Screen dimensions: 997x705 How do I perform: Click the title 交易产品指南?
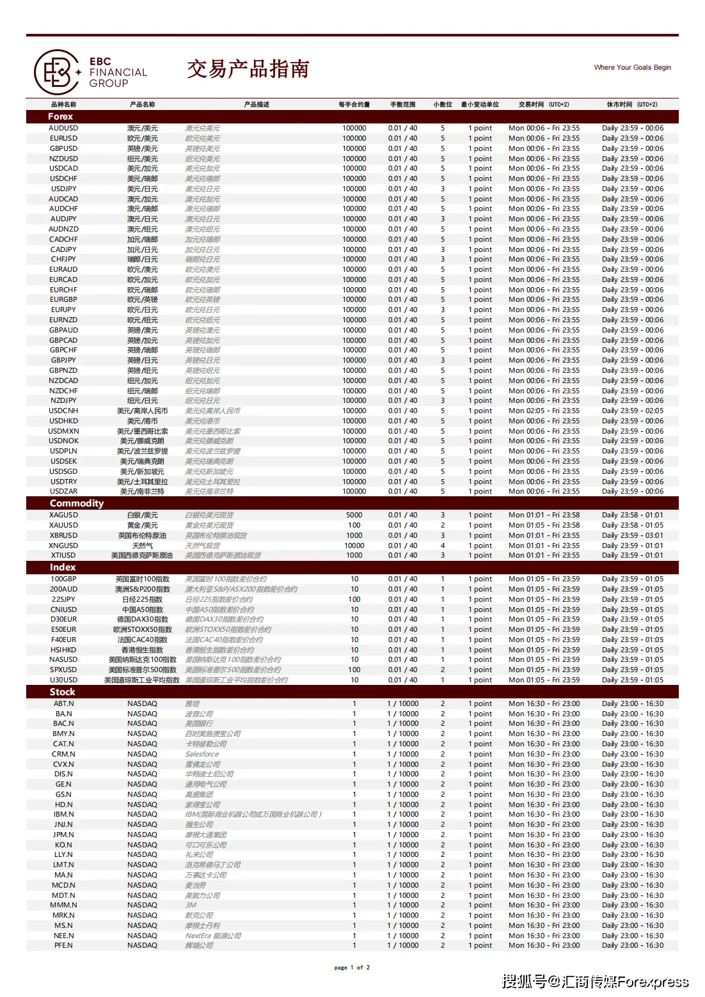(x=248, y=69)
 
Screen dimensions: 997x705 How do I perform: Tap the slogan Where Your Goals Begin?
(x=632, y=67)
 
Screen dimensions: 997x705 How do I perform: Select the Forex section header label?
(x=61, y=116)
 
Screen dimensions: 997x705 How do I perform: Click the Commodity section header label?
(x=77, y=503)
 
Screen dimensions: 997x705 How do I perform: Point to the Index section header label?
(x=63, y=567)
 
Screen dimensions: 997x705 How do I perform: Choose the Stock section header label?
(x=62, y=692)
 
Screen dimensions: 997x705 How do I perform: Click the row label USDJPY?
(x=63, y=189)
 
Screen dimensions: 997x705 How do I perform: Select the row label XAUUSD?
(x=63, y=525)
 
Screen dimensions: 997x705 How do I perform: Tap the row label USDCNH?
(x=63, y=411)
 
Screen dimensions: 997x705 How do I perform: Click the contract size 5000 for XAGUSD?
(x=354, y=515)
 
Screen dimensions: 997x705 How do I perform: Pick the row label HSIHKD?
(x=63, y=650)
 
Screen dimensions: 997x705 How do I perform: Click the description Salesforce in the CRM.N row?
(x=202, y=754)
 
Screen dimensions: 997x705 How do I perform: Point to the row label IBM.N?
(x=63, y=814)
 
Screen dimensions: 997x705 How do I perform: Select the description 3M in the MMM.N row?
(x=191, y=905)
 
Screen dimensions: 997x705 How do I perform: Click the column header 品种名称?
(x=63, y=104)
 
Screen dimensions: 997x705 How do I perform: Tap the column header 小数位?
(x=442, y=104)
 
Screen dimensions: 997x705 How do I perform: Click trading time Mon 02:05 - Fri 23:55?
(x=544, y=411)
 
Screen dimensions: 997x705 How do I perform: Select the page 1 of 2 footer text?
(x=352, y=968)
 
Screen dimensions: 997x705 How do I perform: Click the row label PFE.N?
(x=63, y=945)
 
